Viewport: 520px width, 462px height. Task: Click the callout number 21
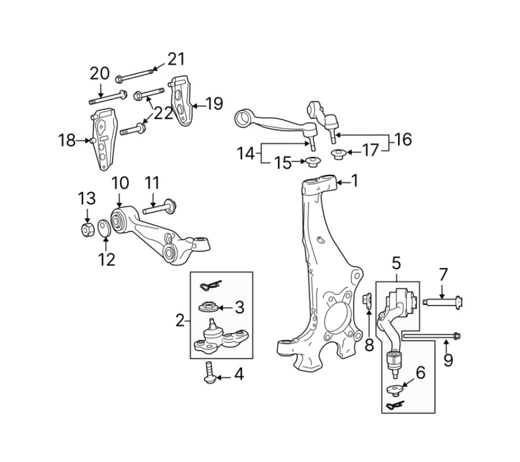(x=176, y=59)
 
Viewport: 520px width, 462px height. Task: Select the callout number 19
(x=214, y=103)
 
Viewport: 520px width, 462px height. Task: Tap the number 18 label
(x=67, y=140)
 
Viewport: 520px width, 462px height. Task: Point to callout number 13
(x=87, y=199)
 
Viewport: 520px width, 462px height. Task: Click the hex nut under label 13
(x=88, y=229)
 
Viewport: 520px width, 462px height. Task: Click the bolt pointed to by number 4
(x=209, y=373)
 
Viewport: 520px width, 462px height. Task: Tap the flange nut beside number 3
(x=209, y=306)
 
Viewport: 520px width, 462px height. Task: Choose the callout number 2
(x=180, y=321)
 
